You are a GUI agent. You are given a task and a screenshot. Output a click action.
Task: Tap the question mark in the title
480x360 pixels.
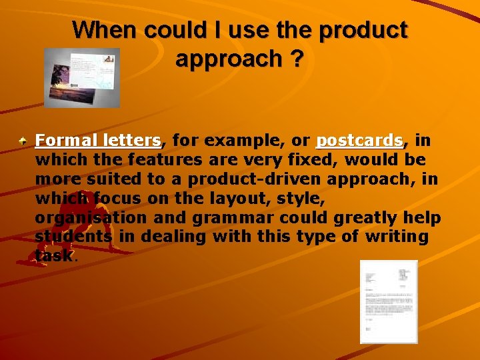tap(296, 59)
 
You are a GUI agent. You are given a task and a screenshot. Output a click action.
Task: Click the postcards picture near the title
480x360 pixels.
tap(81, 77)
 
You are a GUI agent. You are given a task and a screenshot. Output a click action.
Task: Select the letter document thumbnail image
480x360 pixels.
tap(388, 301)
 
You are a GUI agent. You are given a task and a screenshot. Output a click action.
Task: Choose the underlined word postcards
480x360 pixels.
tap(359, 141)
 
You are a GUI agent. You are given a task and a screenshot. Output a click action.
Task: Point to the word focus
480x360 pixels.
tap(120, 199)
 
